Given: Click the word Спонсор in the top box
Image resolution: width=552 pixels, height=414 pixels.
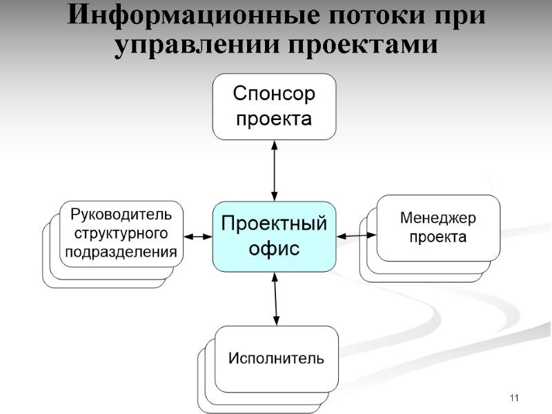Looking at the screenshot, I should (274, 94).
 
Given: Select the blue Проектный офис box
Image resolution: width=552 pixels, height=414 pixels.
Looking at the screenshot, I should (274, 236).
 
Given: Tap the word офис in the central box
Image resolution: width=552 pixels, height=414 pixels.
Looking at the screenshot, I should (274, 248).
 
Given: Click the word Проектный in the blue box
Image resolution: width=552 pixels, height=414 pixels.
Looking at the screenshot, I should (274, 224).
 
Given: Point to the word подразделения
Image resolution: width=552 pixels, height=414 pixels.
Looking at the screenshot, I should (121, 251).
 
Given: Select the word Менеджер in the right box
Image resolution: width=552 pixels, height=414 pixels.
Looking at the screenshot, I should (438, 219).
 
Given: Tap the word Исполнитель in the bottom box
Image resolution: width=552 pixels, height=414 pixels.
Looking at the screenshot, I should (276, 359).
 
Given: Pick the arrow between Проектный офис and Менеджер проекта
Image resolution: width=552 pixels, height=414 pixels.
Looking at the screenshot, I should (356, 236).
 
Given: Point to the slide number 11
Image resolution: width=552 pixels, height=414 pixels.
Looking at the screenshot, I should (513, 398).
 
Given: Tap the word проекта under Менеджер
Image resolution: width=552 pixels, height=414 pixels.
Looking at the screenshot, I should (438, 237).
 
